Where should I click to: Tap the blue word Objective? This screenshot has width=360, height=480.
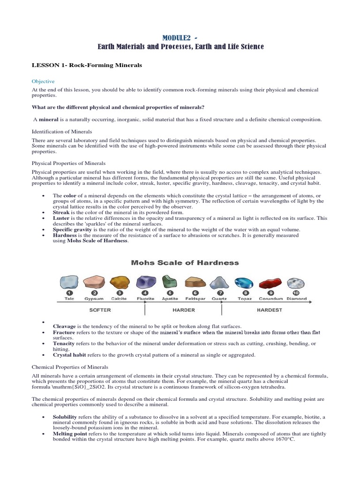click(x=43, y=81)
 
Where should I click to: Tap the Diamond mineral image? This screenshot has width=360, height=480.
click(x=296, y=283)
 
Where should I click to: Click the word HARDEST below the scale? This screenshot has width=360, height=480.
click(x=270, y=310)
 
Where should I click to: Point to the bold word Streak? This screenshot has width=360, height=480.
click(x=61, y=212)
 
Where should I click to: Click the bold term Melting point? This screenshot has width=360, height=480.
click(x=71, y=434)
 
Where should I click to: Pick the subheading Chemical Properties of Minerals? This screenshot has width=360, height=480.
click(x=70, y=367)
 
